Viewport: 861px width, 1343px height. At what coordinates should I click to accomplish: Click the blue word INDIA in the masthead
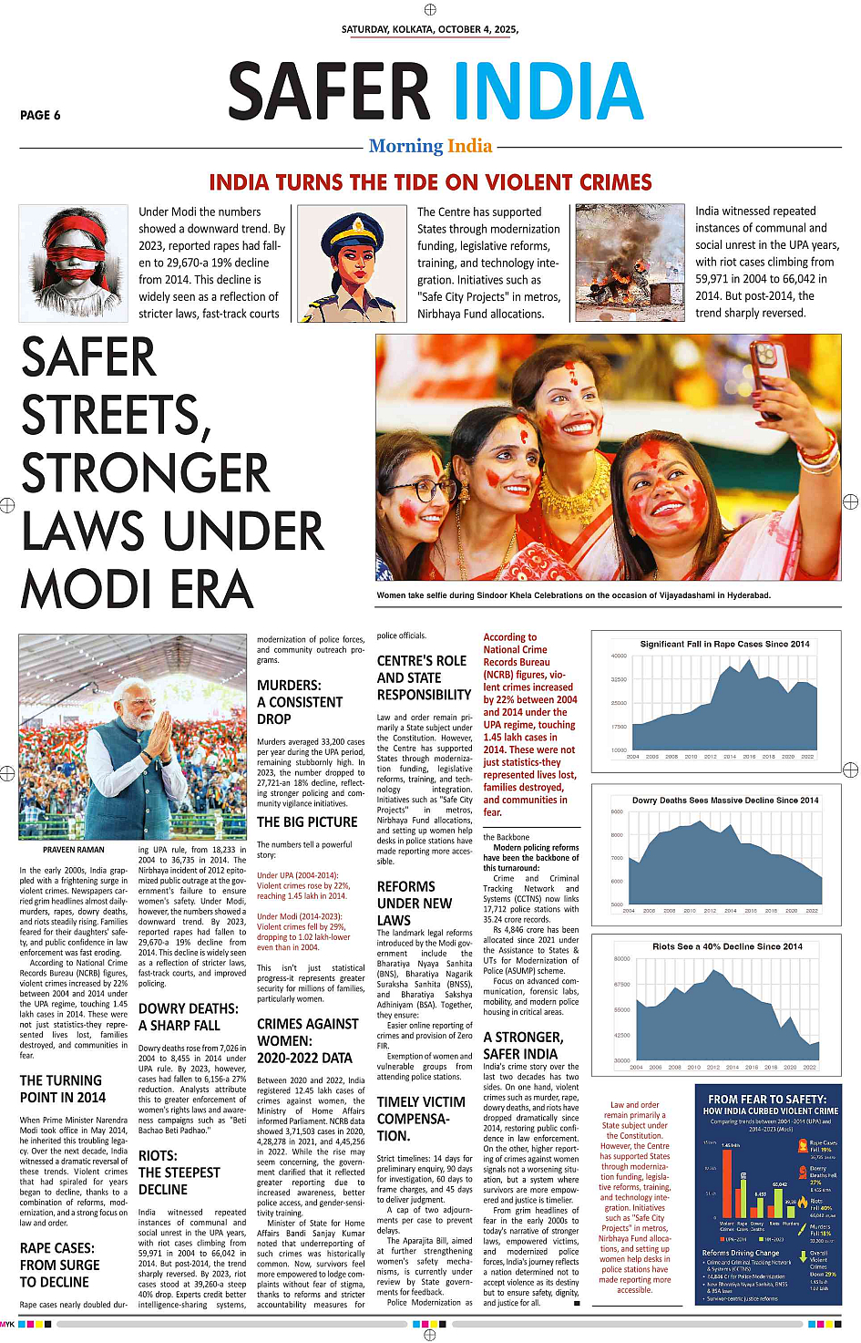point(548,92)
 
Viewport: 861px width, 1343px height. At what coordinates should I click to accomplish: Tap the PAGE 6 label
point(40,116)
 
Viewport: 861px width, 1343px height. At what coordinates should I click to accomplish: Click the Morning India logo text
point(430,146)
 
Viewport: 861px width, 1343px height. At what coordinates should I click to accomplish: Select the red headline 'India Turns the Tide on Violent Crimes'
point(430,182)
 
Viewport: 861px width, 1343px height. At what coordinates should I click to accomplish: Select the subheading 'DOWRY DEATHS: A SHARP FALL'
point(188,1017)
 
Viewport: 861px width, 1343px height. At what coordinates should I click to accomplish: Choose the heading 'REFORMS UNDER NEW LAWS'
point(414,903)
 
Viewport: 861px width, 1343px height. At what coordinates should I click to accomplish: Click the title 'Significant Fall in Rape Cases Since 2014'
point(724,644)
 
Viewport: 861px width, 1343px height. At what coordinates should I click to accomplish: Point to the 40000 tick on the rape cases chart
point(619,656)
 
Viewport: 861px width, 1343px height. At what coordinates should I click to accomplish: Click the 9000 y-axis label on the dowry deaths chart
point(617,811)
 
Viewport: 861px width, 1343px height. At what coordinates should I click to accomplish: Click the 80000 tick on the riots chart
point(621,959)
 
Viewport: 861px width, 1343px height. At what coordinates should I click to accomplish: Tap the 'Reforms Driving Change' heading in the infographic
point(741,1253)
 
